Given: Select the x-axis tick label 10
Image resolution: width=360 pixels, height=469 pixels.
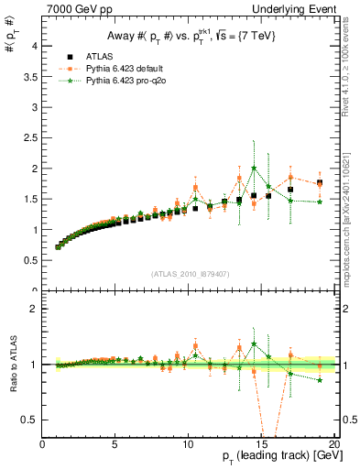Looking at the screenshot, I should pos(188,446).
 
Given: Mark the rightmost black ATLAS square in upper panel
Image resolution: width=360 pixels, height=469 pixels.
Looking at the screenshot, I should pos(319,183).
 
